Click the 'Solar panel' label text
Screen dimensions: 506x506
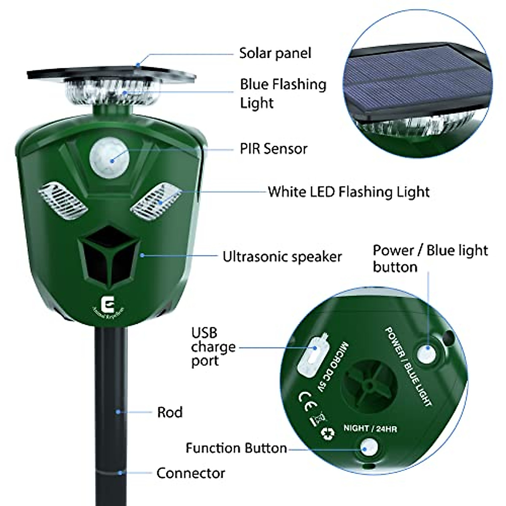coord(275,53)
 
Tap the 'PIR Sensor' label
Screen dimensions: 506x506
coord(274,148)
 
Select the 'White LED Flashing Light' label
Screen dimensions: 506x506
coord(349,192)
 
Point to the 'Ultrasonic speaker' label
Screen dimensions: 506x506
coord(282,256)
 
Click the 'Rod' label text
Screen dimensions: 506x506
coord(170,412)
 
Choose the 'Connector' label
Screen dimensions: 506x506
coord(191,473)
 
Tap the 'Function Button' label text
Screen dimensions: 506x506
coord(236,448)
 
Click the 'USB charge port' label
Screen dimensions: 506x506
coord(213,347)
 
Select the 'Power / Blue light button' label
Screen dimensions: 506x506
coord(430,258)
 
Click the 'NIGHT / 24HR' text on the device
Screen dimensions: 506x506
coord(370,429)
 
